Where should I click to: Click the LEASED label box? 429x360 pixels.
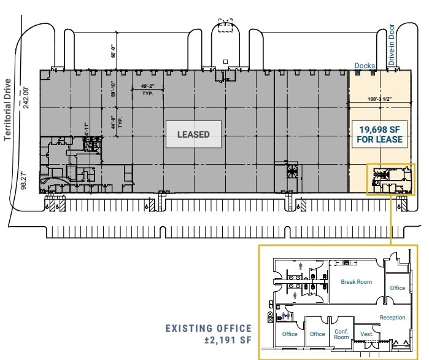pyautogui.click(x=193, y=134)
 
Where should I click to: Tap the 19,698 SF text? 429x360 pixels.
pyautogui.click(x=379, y=129)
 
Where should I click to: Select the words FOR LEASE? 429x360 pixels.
pyautogui.click(x=379, y=139)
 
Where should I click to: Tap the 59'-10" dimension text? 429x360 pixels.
pyautogui.click(x=114, y=90)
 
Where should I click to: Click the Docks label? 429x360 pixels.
pyautogui.click(x=365, y=65)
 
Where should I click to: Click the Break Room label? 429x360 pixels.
pyautogui.click(x=356, y=282)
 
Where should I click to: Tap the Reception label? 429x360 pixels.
pyautogui.click(x=392, y=318)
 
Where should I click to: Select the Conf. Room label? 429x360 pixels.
pyautogui.click(x=341, y=334)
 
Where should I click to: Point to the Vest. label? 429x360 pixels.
pyautogui.click(x=368, y=334)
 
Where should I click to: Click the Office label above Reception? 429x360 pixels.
pyautogui.click(x=398, y=288)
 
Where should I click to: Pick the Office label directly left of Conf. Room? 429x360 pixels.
pyautogui.click(x=317, y=334)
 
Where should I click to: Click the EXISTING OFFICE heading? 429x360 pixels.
pyautogui.click(x=209, y=329)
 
